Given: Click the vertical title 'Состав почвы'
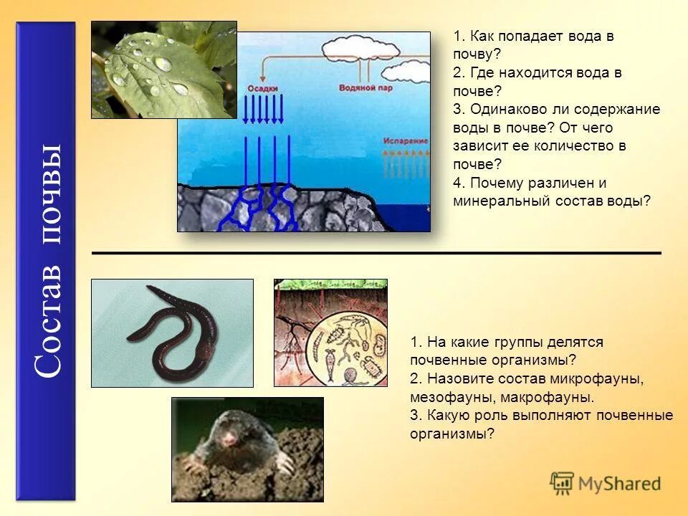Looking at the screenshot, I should (x=46, y=262).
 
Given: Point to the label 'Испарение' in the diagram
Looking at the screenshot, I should (x=405, y=141).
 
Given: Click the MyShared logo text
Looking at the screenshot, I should (x=619, y=483).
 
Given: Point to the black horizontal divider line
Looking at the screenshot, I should (x=376, y=253).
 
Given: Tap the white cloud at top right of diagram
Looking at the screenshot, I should (x=405, y=71).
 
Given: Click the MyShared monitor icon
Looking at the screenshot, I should (x=562, y=482).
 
